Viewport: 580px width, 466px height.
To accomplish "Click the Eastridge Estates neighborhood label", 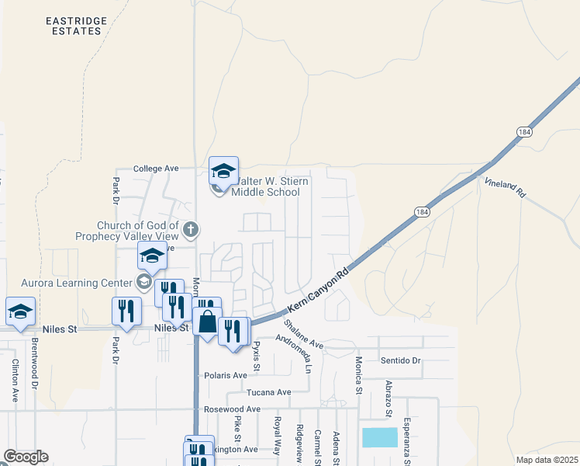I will pyautogui.click(x=74, y=25).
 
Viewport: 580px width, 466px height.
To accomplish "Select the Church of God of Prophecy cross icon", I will pyautogui.click(x=192, y=228).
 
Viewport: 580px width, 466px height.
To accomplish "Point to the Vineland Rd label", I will pyautogui.click(x=506, y=186).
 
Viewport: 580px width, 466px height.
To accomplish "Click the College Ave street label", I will pyautogui.click(x=156, y=168).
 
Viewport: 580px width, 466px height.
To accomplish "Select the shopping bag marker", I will pyautogui.click(x=207, y=322).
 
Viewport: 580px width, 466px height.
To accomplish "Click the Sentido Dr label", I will pyautogui.click(x=400, y=360).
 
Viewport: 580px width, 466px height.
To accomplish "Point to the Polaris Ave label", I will pyautogui.click(x=225, y=375).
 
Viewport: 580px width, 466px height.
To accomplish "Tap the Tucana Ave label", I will pyautogui.click(x=268, y=392).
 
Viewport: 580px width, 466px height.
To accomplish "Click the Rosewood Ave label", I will pyautogui.click(x=232, y=409).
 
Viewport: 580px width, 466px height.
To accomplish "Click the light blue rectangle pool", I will pyautogui.click(x=380, y=437).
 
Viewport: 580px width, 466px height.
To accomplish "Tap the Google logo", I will pyautogui.click(x=26, y=457).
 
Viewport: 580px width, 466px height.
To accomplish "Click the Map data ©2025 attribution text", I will pyautogui.click(x=546, y=460).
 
